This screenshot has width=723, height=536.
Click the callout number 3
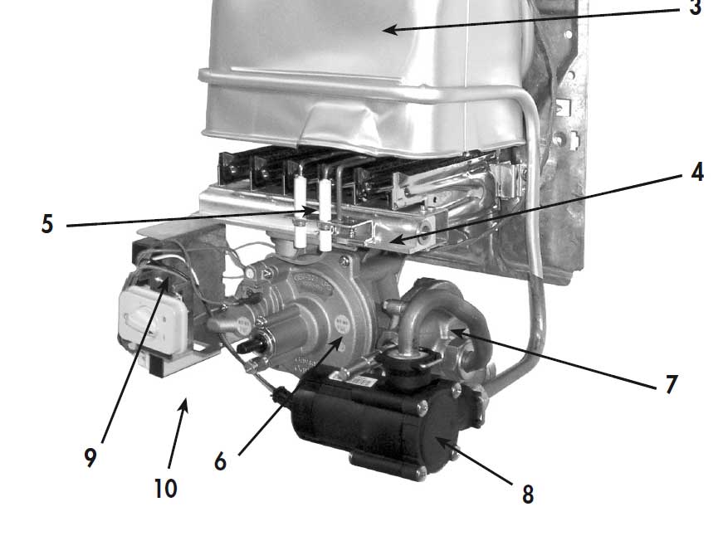696,7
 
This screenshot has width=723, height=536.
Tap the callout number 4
697,172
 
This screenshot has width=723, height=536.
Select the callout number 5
47,225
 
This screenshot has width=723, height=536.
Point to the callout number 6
221,460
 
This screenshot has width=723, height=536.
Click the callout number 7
672,384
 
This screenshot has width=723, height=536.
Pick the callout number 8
528,494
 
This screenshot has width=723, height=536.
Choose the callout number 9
90,458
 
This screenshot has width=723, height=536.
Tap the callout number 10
165,489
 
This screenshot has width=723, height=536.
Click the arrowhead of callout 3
390,31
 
